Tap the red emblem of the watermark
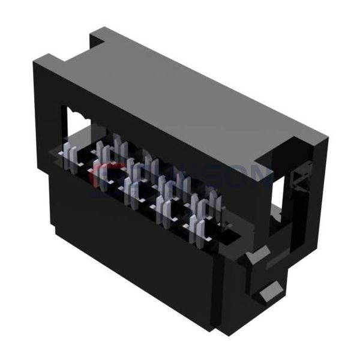pyautogui.click(x=102, y=174)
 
